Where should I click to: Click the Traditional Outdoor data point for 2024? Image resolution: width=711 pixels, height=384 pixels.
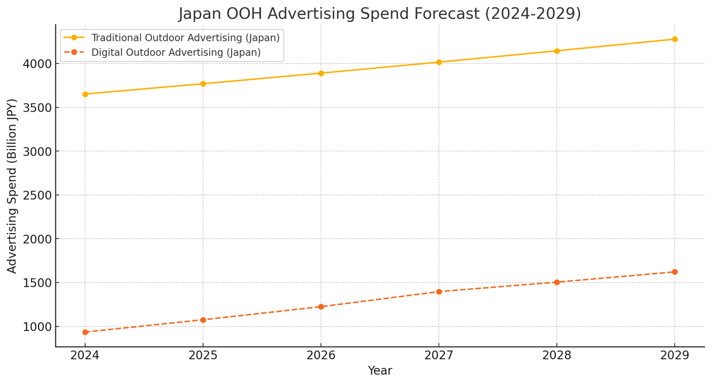[85, 94]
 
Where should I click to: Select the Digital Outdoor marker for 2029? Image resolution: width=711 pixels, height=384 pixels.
[675, 272]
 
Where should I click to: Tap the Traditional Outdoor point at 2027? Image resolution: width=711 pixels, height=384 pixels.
[439, 62]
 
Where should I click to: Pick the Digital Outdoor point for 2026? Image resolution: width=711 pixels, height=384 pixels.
[321, 307]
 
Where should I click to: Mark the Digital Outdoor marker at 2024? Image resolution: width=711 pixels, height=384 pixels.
[85, 332]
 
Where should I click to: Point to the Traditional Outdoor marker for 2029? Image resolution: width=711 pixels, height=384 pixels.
[675, 39]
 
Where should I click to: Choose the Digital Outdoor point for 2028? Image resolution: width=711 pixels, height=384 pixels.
[556, 282]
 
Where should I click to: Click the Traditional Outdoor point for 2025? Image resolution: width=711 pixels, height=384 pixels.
[203, 84]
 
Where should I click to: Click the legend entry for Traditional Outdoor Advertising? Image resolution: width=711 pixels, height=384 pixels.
[185, 38]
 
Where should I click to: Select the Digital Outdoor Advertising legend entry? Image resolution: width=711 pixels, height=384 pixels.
[176, 53]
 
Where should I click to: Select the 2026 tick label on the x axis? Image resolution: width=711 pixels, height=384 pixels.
[321, 356]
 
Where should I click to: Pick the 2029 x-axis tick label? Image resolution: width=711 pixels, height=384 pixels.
[675, 356]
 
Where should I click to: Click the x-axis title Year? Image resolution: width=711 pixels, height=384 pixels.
[380, 371]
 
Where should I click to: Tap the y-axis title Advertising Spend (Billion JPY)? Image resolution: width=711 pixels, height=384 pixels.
[12, 186]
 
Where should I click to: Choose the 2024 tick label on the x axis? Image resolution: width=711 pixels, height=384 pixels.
[85, 356]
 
